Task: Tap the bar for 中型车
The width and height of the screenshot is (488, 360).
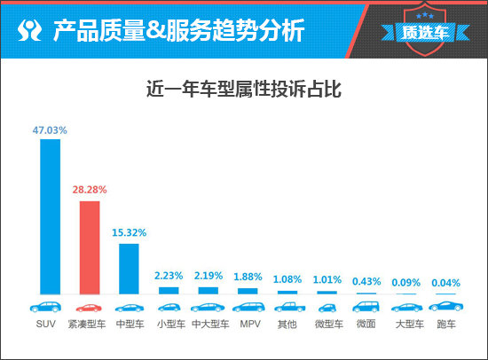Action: [x=129, y=268]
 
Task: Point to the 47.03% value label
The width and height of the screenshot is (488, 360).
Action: [x=50, y=129]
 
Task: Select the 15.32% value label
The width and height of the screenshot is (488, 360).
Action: [x=129, y=232]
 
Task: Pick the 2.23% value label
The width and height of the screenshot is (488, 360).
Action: [x=169, y=276]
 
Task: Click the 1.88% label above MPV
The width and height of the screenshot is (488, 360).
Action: [x=248, y=277]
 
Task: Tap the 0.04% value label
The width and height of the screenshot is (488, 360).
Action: [x=445, y=283]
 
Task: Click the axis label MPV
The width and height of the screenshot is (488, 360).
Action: [x=248, y=325]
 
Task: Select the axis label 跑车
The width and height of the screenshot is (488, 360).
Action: [x=445, y=325]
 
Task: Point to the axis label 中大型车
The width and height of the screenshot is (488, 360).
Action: [x=209, y=325]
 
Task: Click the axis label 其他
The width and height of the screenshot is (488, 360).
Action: [x=287, y=325]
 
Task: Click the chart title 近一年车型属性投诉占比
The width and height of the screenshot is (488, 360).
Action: [x=244, y=90]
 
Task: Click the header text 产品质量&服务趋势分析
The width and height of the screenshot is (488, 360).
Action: [x=177, y=31]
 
